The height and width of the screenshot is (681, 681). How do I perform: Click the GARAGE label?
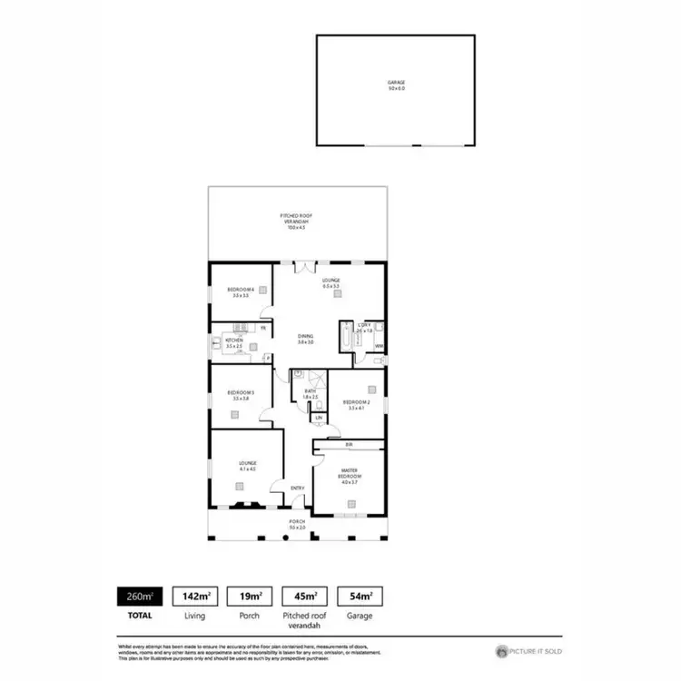(396, 84)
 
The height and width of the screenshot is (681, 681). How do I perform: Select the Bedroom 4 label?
(241, 291)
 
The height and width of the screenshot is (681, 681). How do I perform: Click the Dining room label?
(305, 339)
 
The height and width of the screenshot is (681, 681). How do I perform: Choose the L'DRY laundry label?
(364, 328)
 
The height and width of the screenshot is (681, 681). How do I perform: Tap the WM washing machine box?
(379, 347)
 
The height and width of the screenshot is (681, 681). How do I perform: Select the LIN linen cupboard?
(319, 418)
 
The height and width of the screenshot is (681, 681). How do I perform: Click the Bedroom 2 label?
(356, 404)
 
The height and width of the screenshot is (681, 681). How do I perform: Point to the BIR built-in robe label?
(350, 444)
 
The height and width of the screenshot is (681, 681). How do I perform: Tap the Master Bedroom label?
(350, 477)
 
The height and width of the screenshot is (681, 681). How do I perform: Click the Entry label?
(297, 489)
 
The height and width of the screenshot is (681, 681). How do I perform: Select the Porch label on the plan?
(297, 525)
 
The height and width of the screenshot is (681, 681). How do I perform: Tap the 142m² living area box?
(193, 597)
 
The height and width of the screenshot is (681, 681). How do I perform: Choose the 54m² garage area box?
(360, 597)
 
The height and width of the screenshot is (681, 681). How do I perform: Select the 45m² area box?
(304, 597)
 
